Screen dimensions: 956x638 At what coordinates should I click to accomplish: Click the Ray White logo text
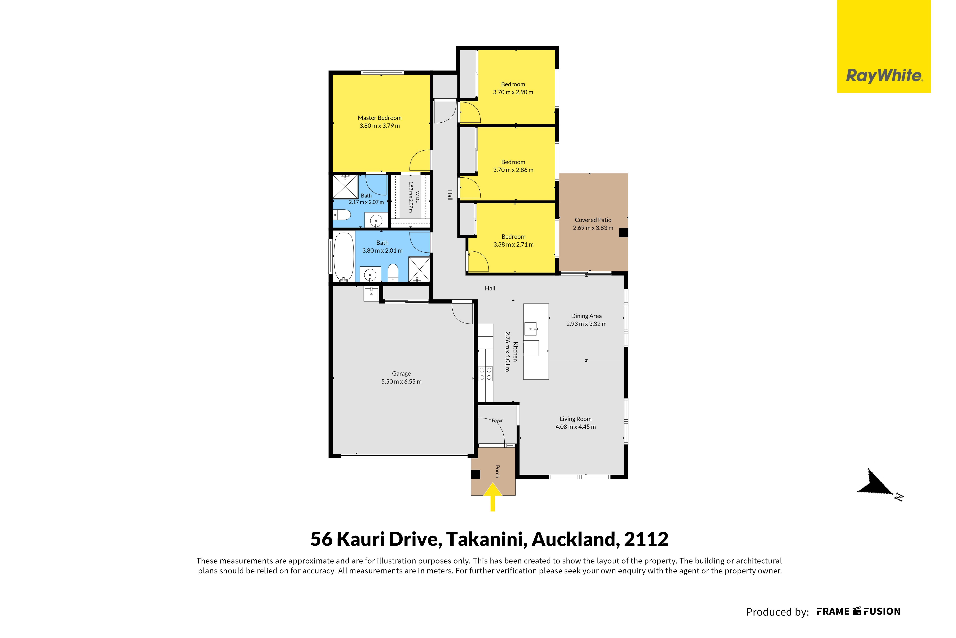(884, 76)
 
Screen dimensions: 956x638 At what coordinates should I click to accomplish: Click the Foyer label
(497, 420)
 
